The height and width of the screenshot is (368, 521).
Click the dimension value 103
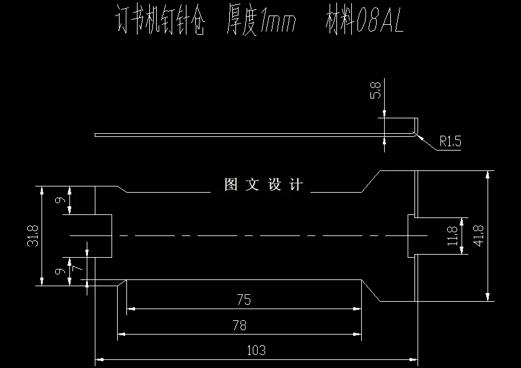pyautogui.click(x=256, y=350)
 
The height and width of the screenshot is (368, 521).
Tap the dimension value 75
pyautogui.click(x=243, y=300)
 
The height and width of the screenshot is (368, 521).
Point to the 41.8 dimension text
pyautogui.click(x=478, y=235)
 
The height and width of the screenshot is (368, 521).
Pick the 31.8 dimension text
pyautogui.click(x=33, y=236)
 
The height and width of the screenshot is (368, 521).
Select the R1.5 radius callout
pyautogui.click(x=450, y=142)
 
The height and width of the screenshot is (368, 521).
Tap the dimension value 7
pyautogui.click(x=76, y=268)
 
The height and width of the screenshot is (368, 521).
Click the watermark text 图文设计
pyautogui.click(x=263, y=185)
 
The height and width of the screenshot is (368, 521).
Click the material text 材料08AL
pyautogui.click(x=364, y=23)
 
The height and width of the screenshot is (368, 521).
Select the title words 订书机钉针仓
pyautogui.click(x=160, y=23)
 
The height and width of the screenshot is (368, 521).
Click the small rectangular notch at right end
pyautogui.click(x=411, y=235)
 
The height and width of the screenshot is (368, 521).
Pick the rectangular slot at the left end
pyautogui.click(x=90, y=236)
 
